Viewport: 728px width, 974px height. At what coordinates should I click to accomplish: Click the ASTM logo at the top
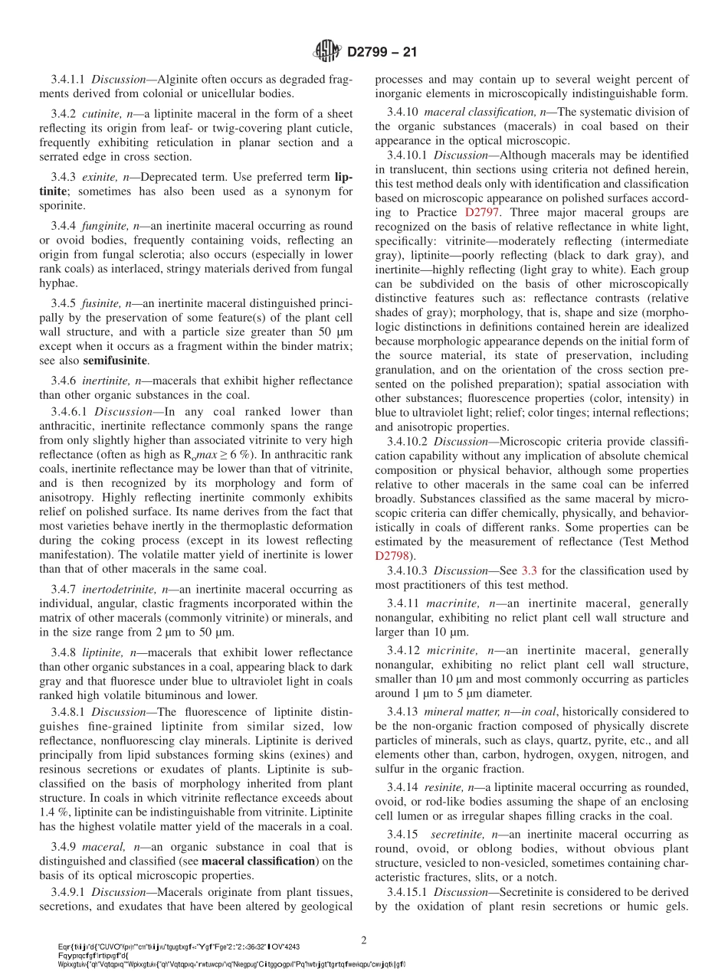coord(327,51)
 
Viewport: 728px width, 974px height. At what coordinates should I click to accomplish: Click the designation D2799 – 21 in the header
coord(381,52)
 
